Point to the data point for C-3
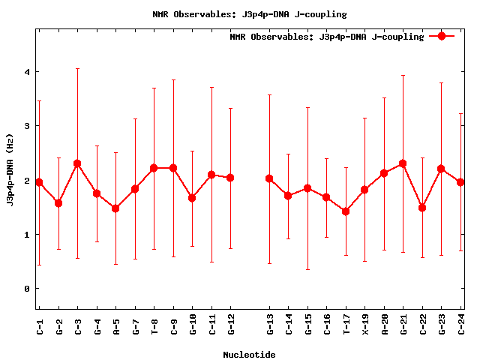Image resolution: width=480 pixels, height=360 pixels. [x=77, y=163]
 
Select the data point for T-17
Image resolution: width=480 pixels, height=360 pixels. [x=346, y=211]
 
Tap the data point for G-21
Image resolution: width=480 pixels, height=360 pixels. [x=403, y=163]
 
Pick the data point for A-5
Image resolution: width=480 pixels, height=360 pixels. [x=115, y=208]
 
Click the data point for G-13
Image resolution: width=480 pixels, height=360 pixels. [x=269, y=178]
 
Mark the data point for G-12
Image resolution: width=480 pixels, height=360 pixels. [x=230, y=178]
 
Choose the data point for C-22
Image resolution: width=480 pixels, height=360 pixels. [x=422, y=207]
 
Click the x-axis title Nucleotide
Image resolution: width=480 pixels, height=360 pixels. [x=249, y=354]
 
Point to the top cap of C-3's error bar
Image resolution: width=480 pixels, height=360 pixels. [x=77, y=68]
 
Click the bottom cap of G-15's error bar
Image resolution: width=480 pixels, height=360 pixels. [x=307, y=269]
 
